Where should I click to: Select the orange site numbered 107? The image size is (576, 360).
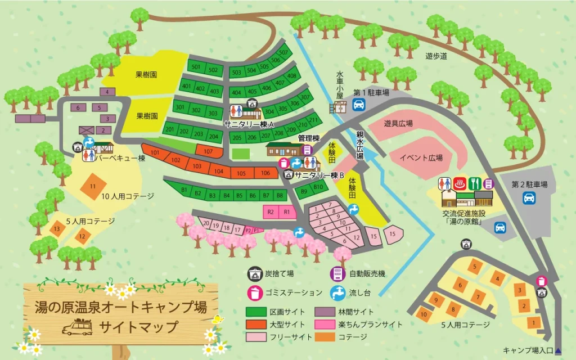(x=208, y=151)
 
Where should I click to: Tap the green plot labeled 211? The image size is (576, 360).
(x=313, y=121)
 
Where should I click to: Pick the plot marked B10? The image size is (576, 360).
(x=318, y=187)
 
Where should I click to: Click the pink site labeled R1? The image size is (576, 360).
(x=286, y=212)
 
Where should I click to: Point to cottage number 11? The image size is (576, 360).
(x=93, y=186)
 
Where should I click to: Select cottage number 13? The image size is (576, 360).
(x=57, y=229)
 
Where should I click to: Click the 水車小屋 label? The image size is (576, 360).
(x=340, y=84)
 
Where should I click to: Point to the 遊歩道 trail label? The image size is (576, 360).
(x=436, y=56)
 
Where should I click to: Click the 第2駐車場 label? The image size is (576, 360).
(x=529, y=184)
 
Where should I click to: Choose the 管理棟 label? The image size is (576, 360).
(x=309, y=138)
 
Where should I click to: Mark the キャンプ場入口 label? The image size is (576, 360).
(x=528, y=350)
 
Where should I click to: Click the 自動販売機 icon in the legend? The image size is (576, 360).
(x=336, y=274)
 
